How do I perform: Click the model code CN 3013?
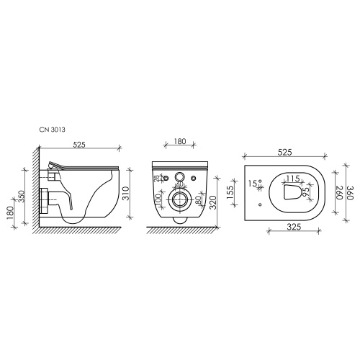click(53, 130)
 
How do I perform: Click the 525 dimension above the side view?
click(79, 145)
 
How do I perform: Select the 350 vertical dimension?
click(22, 197)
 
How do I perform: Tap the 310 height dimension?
click(126, 194)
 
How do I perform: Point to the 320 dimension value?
click(213, 202)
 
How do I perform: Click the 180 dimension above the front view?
click(180, 141)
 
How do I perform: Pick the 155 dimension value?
click(230, 192)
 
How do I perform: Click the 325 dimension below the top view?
click(294, 227)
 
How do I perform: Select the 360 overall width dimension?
click(349, 193)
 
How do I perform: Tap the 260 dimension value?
click(338, 192)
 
